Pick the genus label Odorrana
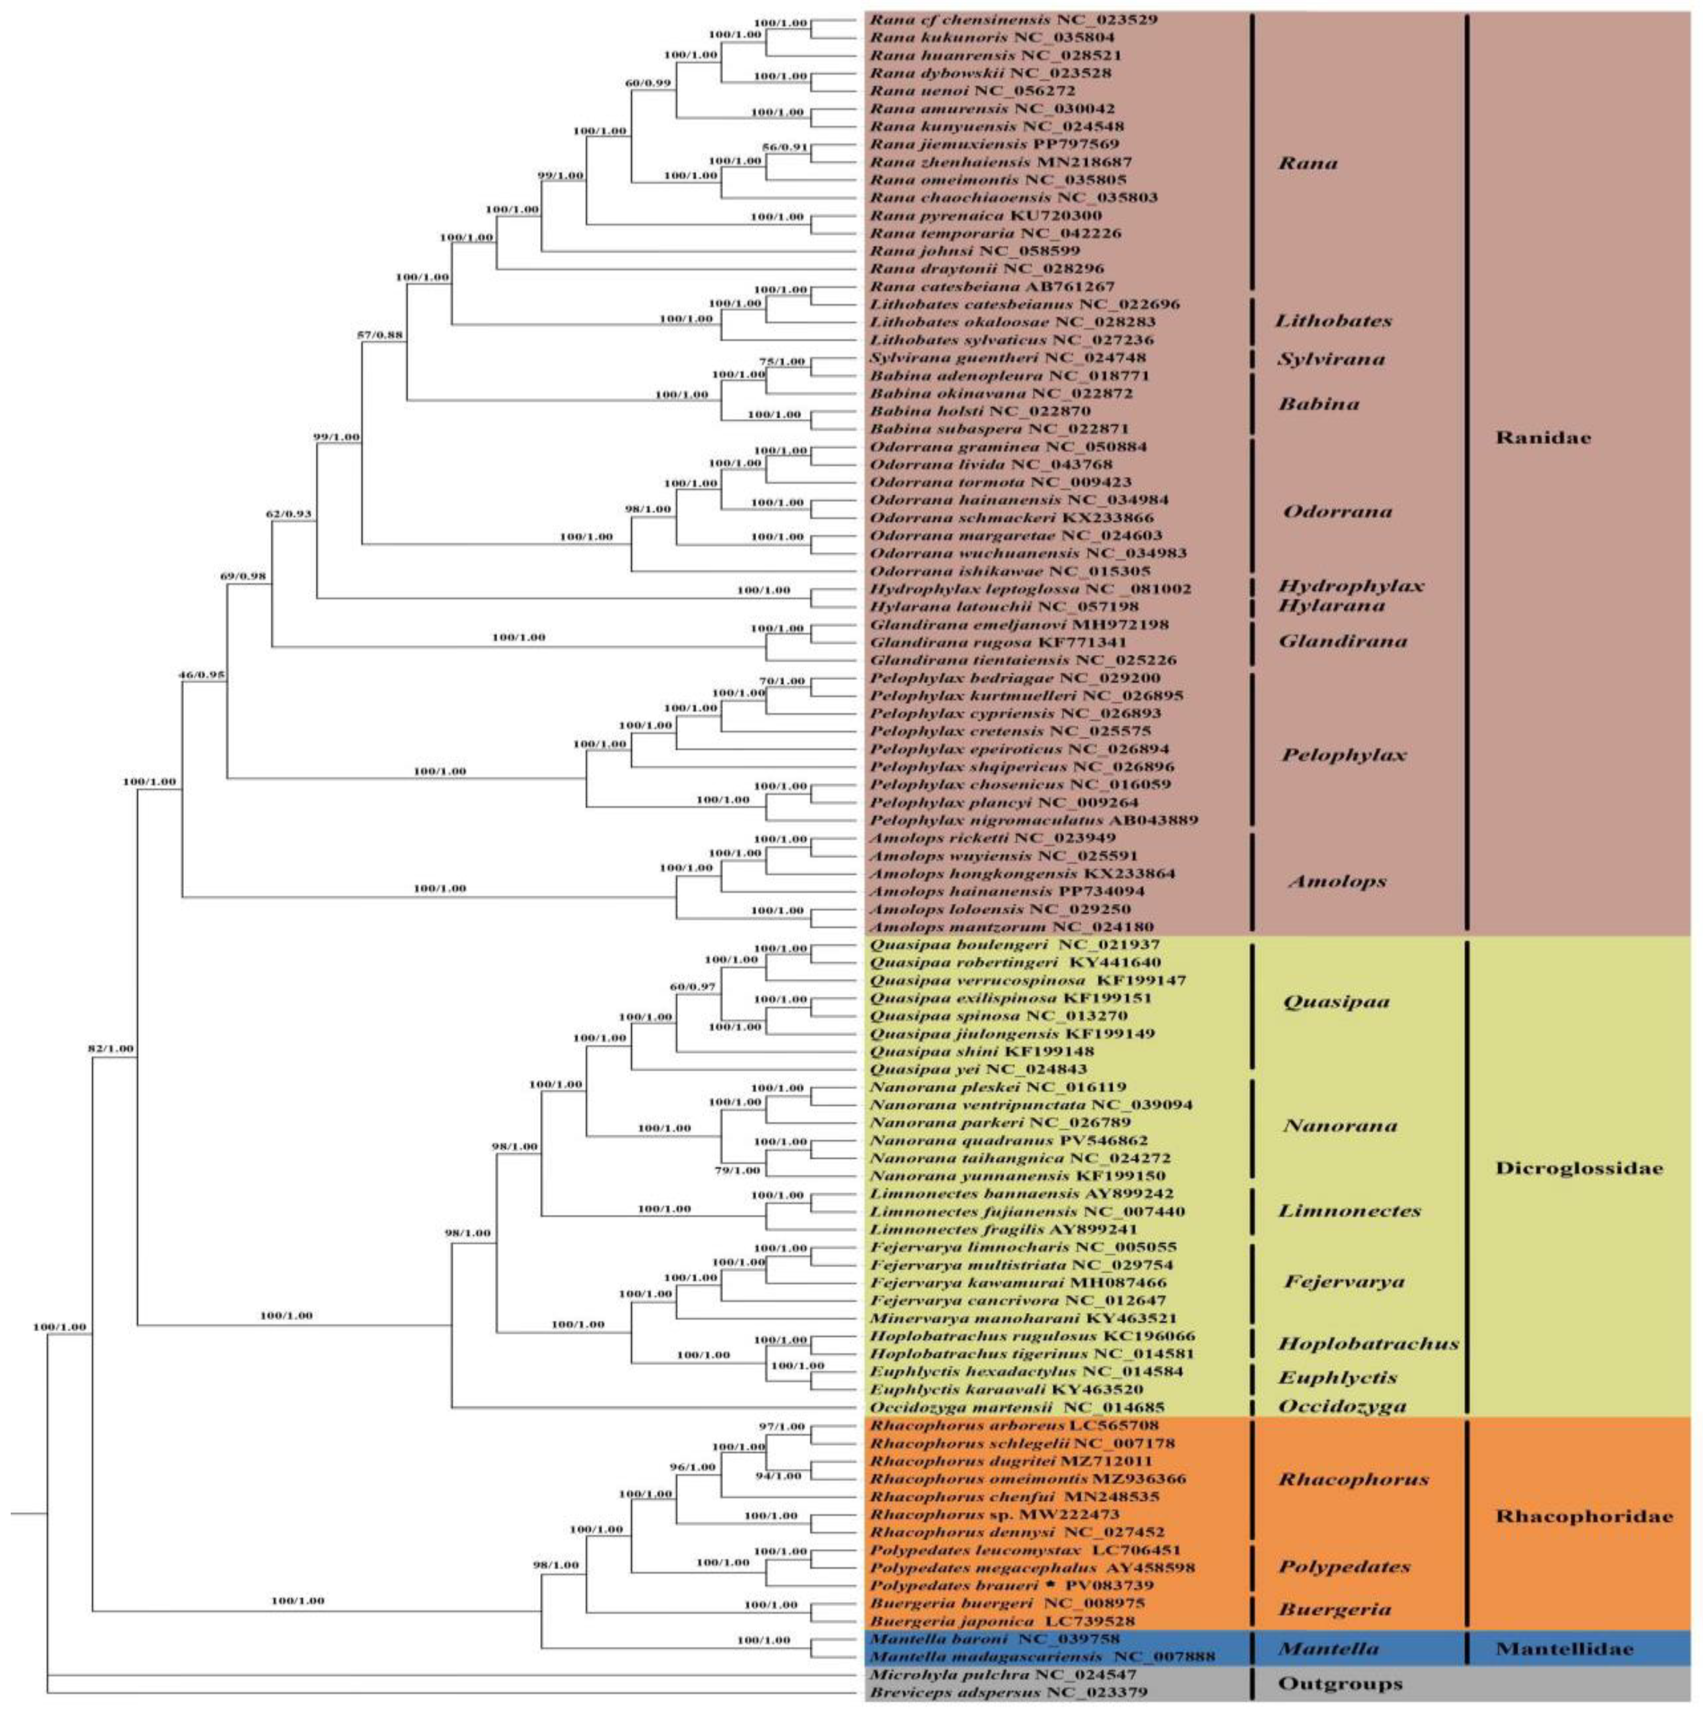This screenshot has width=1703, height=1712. [x=1336, y=511]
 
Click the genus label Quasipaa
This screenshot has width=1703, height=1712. [x=1335, y=1002]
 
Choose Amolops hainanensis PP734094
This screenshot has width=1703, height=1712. [x=1005, y=891]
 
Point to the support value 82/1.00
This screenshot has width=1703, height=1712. [x=111, y=1048]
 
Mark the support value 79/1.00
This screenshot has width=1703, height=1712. [x=738, y=1170]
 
